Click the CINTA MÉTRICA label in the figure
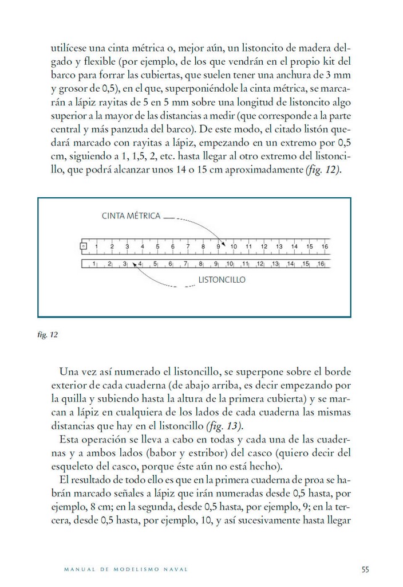[131, 216]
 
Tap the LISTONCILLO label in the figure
[222, 280]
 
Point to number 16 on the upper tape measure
[325, 246]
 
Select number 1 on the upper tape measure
[96, 246]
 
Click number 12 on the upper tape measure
[264, 246]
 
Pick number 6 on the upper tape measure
[172, 246]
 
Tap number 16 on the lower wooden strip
[321, 264]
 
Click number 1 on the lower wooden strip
[93, 264]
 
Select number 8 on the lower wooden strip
[200, 264]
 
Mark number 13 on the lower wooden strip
[275, 264]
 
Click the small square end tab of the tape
[84, 246]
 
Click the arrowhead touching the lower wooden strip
[135, 265]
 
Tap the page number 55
[365, 569]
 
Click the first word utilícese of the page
[71, 48]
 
